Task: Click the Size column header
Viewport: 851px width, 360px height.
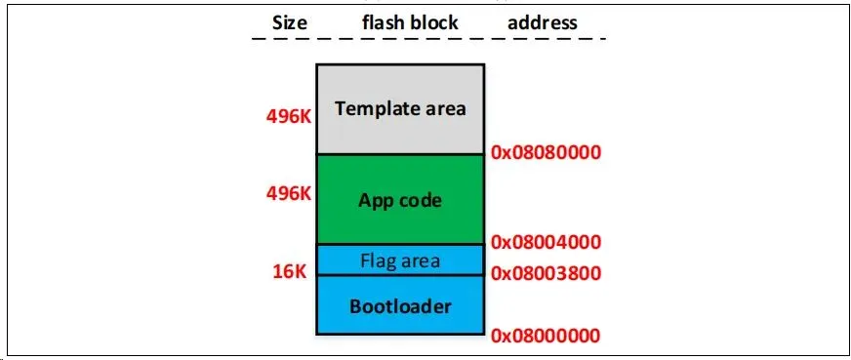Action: point(289,22)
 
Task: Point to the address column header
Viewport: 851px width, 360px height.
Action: point(543,22)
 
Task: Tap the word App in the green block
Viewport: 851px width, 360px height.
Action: point(376,201)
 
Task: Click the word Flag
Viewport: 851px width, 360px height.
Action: point(380,261)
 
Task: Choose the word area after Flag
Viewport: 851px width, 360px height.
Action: point(421,261)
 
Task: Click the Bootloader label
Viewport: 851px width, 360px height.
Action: point(400,306)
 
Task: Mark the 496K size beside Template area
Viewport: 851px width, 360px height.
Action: point(289,116)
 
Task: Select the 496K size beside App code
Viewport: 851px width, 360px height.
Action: point(289,193)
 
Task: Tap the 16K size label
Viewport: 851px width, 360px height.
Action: point(290,271)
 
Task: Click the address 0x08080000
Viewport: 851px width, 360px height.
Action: point(546,152)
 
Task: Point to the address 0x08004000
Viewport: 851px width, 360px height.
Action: point(546,242)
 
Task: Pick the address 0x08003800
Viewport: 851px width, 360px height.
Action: point(546,273)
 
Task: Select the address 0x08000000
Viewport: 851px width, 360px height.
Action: point(546,336)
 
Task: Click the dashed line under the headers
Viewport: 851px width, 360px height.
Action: point(428,39)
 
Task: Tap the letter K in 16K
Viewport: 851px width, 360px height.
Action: point(301,271)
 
